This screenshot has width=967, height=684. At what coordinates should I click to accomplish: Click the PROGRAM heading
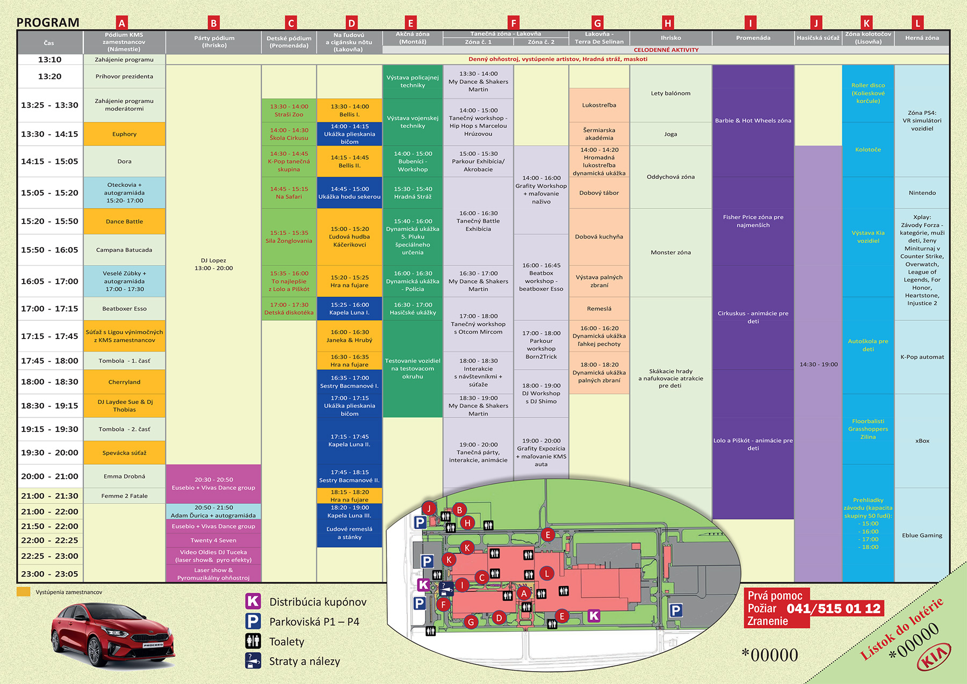[48, 23]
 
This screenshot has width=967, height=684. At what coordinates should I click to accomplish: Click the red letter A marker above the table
[122, 23]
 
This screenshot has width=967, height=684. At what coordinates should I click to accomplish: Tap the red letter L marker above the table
[918, 23]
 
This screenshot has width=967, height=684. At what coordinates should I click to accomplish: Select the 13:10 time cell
[49, 60]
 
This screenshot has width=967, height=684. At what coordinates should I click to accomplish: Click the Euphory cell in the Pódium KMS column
[124, 134]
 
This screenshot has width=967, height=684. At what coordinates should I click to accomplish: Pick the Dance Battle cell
[124, 221]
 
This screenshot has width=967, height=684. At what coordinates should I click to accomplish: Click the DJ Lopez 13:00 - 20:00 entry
[213, 264]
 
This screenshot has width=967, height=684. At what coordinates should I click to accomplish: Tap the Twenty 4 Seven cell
[213, 541]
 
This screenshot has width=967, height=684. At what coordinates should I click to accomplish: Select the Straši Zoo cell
[289, 111]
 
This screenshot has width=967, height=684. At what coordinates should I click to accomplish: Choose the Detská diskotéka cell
[289, 309]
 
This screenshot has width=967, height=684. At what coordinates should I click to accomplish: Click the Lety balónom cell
[670, 93]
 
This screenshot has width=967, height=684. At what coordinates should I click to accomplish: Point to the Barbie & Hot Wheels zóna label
[753, 121]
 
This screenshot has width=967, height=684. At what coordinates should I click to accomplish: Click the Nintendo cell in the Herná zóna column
[922, 193]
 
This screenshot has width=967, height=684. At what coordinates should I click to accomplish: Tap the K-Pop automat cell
[922, 357]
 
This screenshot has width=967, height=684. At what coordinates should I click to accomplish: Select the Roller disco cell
[868, 93]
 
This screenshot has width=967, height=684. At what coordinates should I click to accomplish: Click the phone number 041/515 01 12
[834, 609]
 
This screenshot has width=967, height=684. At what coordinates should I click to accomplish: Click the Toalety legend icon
[253, 641]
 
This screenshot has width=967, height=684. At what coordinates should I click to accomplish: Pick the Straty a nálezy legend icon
[253, 660]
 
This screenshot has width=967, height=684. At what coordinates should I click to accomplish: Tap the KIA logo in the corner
[934, 657]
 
